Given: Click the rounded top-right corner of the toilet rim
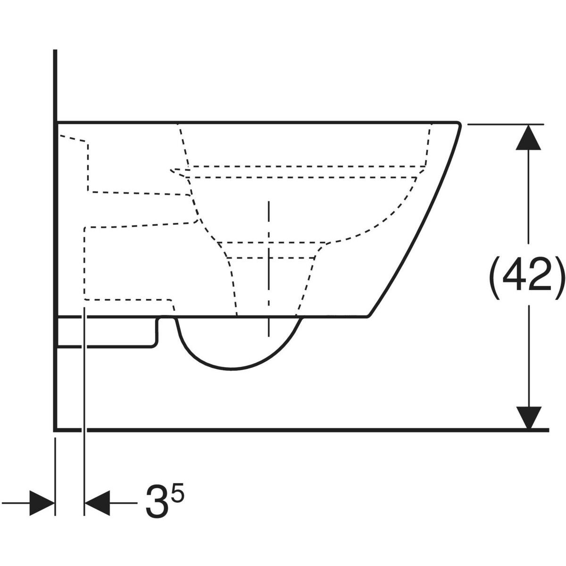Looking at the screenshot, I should pos(457,124).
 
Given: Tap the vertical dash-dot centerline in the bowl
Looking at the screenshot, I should pos(268,269).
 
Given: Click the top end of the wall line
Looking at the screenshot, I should pos(56,51).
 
